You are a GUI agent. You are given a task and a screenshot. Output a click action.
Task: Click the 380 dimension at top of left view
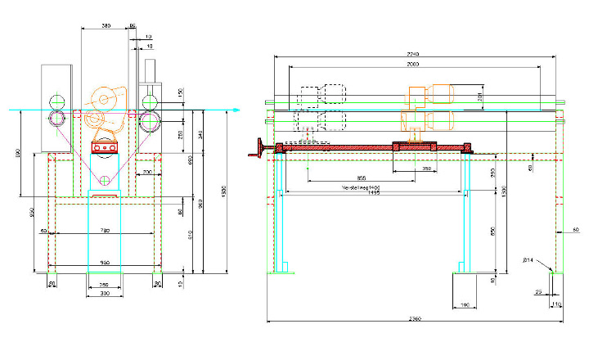106,26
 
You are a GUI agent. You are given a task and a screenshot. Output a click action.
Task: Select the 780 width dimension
103,232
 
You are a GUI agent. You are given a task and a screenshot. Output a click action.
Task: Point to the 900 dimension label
103,262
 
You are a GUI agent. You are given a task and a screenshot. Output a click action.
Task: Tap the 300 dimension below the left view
104,292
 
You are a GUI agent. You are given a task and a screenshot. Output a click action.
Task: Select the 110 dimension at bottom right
557,304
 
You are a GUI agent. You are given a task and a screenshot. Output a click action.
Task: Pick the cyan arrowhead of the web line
235,109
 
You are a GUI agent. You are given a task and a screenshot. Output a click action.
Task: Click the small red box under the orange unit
104,147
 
